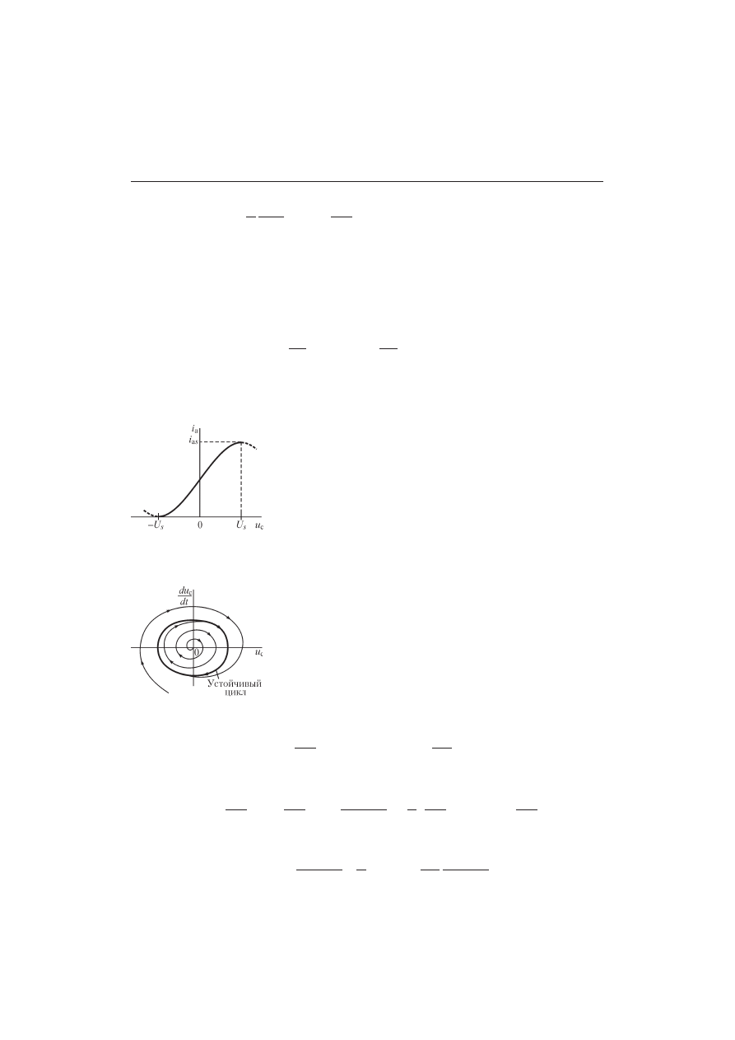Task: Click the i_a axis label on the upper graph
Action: [x=195, y=428]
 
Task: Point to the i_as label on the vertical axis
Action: [x=193, y=441]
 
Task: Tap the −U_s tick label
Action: [x=156, y=525]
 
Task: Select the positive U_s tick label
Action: [x=241, y=525]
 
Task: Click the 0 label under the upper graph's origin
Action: [x=200, y=525]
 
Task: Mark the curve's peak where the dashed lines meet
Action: [x=241, y=442]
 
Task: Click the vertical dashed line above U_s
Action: [x=241, y=479]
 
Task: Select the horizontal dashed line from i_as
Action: [x=220, y=442]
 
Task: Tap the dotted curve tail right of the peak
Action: [x=249, y=445]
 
